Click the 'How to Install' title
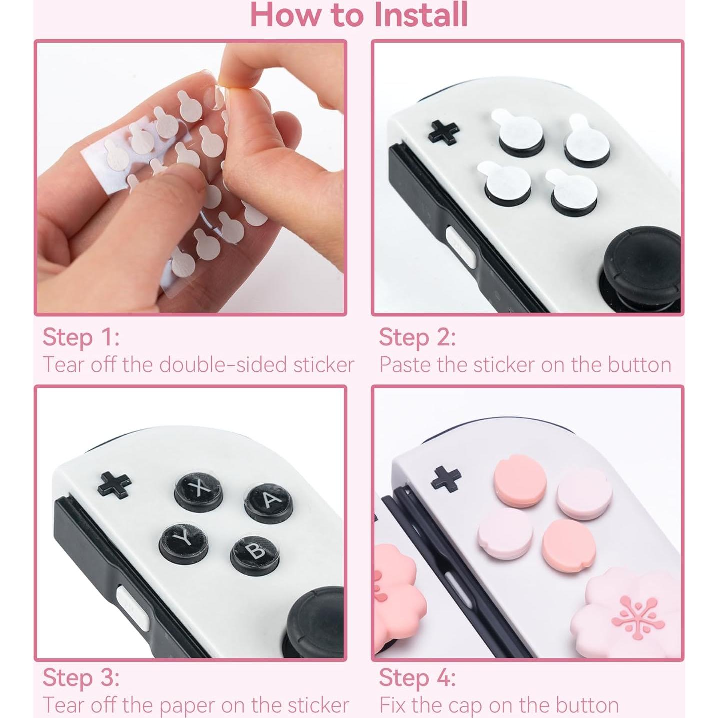[x=359, y=15]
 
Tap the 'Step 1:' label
[x=81, y=337]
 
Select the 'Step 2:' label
[x=417, y=337]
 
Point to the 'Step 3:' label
[x=81, y=678]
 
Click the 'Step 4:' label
[x=417, y=678]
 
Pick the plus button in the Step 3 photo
[x=114, y=485]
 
